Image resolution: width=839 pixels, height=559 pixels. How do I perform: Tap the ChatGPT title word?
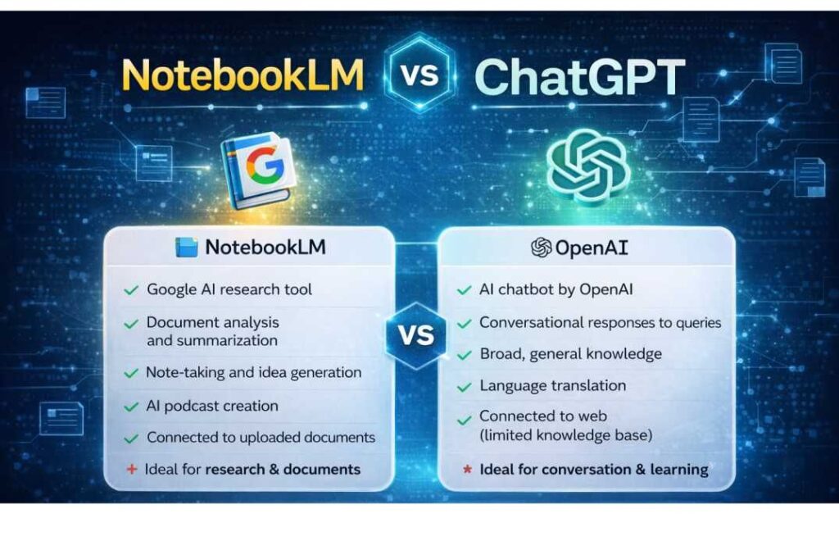(x=579, y=76)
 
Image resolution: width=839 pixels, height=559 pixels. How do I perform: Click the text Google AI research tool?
(x=229, y=289)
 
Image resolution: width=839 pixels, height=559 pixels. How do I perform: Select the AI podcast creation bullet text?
(x=212, y=406)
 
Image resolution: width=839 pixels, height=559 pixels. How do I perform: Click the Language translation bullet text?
(x=552, y=385)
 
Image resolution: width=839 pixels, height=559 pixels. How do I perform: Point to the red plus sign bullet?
(x=130, y=470)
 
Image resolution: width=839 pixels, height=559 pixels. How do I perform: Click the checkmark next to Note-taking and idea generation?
(x=130, y=373)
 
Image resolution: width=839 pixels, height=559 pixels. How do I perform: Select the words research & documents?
(x=283, y=470)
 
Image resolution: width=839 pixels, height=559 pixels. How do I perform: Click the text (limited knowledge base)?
(x=565, y=435)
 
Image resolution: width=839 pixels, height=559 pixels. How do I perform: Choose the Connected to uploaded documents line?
(x=261, y=438)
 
